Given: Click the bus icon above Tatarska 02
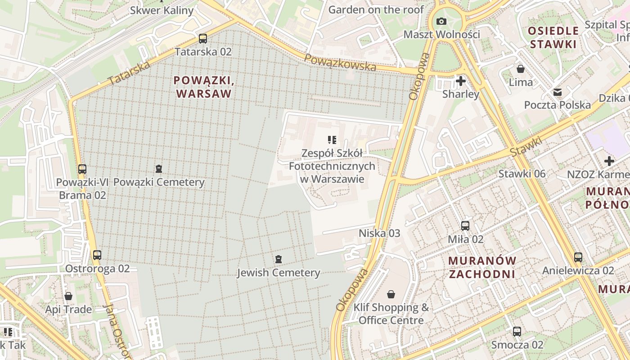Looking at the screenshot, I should click(x=203, y=39).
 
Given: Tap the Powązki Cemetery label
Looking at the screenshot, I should click(x=159, y=182).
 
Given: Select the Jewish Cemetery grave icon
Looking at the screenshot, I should click(x=279, y=259).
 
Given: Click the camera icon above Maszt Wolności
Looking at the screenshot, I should click(x=441, y=21).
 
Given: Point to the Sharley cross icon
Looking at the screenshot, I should click(x=460, y=81).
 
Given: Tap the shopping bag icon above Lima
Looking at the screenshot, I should click(x=521, y=69).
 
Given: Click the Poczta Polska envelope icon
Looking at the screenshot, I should click(x=558, y=92).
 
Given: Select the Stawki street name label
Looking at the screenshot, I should click(x=526, y=147).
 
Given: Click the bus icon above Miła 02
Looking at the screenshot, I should click(x=465, y=226).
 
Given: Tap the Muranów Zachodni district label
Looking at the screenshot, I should click(x=482, y=267).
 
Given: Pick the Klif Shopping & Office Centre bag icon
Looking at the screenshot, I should click(x=391, y=294).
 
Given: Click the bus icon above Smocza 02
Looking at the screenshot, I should click(x=517, y=332).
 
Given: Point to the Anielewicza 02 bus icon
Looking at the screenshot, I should click(x=578, y=257).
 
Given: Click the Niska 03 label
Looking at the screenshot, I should click(x=379, y=233).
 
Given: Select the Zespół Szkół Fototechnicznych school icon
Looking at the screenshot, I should click(x=332, y=140).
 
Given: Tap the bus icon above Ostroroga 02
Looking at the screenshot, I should click(x=97, y=255).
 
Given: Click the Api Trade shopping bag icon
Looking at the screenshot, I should click(x=68, y=296).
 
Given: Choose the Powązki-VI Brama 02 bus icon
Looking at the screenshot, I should click(x=82, y=169).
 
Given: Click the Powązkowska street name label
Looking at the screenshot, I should click(x=340, y=63).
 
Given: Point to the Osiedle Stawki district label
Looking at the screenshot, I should click(x=553, y=37).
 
